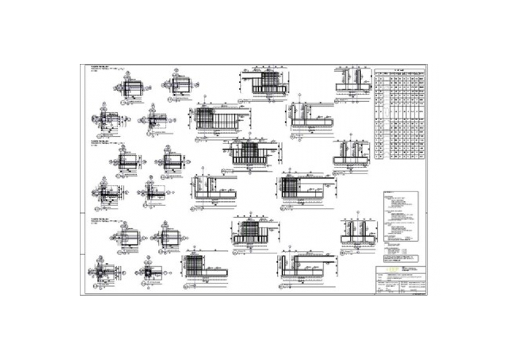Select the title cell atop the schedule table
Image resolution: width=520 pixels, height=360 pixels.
tap(400, 70)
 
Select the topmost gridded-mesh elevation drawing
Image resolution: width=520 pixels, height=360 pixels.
tap(265, 84)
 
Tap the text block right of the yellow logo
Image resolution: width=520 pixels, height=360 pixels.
tap(410, 270)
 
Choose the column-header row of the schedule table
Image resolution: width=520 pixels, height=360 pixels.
tap(400, 74)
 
